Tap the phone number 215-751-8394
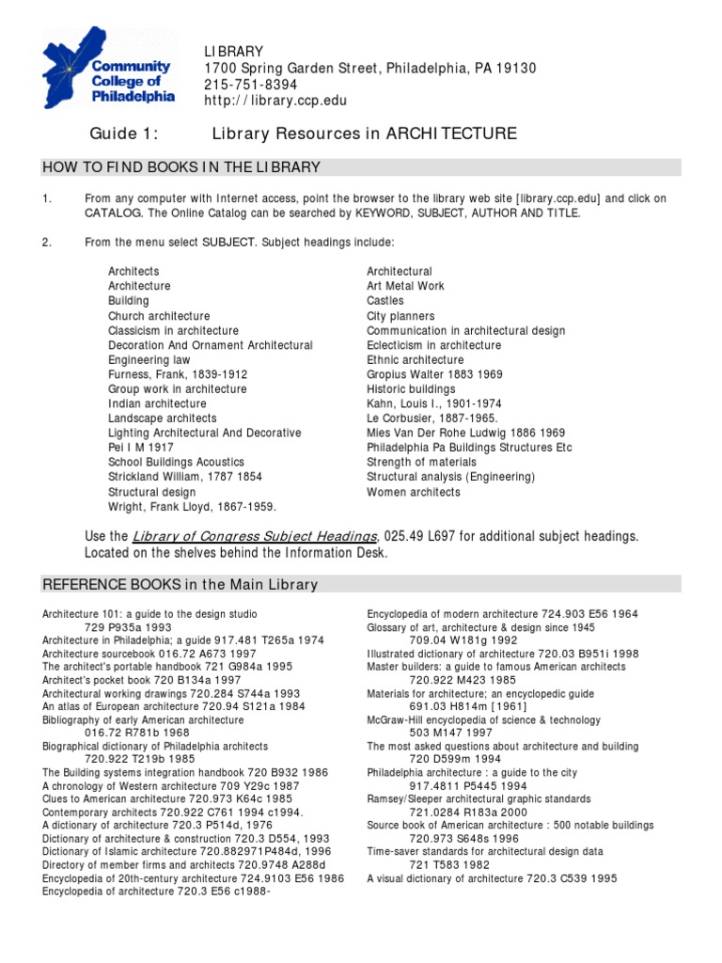251,85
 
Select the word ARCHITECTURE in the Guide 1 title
452,134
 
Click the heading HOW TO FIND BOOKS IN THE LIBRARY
181,167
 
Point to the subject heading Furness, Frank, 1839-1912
178,374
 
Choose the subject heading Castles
385,301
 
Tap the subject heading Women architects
414,492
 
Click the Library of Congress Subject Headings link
255,536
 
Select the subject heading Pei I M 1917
141,448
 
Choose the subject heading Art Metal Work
405,286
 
